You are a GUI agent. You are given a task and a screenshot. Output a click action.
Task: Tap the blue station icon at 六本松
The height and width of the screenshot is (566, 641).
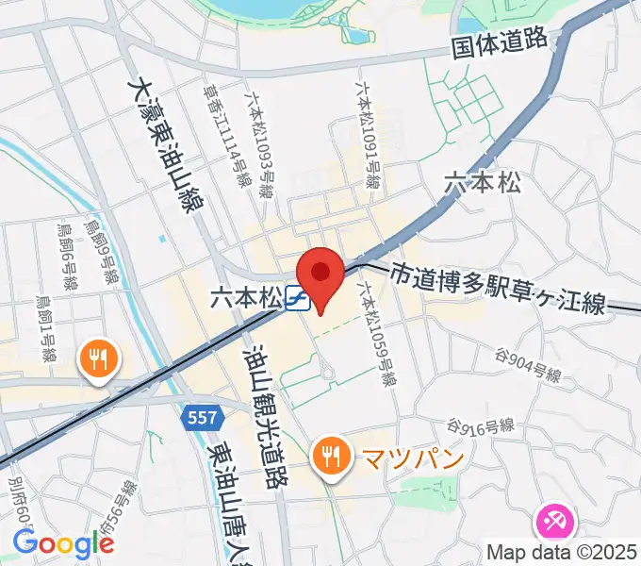(296, 298)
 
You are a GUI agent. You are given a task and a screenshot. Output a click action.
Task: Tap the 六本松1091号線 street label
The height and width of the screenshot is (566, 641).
(369, 132)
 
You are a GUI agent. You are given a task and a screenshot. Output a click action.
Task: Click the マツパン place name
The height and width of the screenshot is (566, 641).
(400, 459)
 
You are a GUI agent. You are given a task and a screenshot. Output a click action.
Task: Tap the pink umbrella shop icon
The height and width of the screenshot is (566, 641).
(552, 522)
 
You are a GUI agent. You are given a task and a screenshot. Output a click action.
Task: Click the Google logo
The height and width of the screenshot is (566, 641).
(63, 543)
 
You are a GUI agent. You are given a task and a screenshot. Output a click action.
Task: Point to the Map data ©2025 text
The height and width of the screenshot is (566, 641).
(563, 552)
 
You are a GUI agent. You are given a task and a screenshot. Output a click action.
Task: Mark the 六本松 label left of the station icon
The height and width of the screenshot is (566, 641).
(246, 298)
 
